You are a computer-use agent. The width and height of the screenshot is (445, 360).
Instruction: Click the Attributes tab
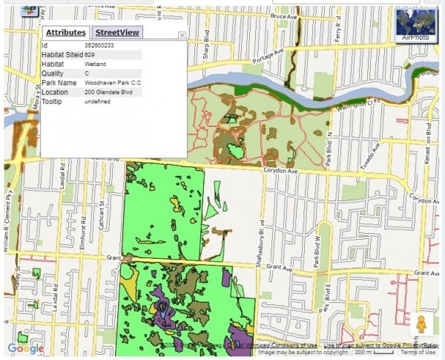(x=65, y=33)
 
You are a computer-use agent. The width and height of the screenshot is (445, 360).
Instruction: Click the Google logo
(x=25, y=349)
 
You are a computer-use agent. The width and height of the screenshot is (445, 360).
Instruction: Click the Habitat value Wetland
(x=95, y=65)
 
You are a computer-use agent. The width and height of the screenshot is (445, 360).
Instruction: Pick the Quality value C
(x=87, y=73)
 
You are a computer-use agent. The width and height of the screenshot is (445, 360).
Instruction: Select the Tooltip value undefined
(x=97, y=101)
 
